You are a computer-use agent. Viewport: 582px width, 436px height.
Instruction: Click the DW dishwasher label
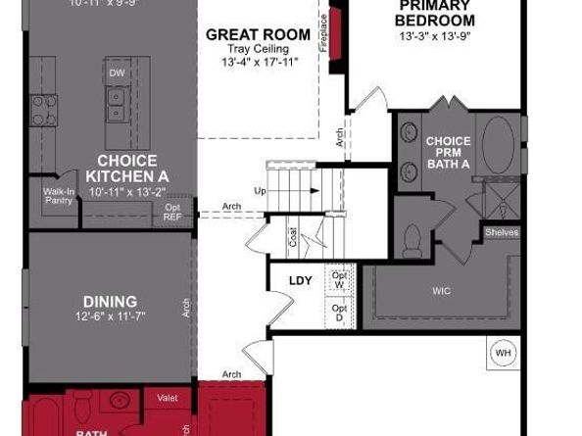[x=117, y=73]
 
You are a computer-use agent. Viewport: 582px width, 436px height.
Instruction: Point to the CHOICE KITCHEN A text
[x=126, y=168]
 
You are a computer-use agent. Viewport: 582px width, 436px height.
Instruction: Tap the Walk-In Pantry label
[x=60, y=196]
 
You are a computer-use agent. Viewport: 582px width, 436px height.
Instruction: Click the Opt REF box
[x=172, y=213]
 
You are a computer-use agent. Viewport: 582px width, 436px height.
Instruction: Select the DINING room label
[x=110, y=302]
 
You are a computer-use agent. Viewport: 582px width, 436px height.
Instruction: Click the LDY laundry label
[x=300, y=281]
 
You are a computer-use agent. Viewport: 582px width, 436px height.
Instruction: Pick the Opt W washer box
[x=339, y=280]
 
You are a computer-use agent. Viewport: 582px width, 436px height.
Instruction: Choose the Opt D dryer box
[x=339, y=315]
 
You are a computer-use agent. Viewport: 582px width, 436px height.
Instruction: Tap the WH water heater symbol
[x=503, y=353]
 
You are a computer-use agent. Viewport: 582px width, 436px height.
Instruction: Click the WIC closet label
[x=442, y=291]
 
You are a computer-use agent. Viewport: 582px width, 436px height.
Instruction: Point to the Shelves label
[x=501, y=232]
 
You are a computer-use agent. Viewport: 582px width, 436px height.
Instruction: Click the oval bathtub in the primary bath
[x=498, y=144]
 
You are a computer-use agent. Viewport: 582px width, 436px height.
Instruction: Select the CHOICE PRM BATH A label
[x=448, y=153]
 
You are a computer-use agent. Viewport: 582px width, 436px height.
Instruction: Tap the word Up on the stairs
[x=260, y=190]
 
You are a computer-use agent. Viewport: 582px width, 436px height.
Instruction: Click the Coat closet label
[x=293, y=236]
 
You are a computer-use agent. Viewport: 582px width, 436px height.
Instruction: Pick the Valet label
[x=167, y=398]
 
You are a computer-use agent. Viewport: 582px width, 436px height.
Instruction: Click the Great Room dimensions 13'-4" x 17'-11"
[x=258, y=63]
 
